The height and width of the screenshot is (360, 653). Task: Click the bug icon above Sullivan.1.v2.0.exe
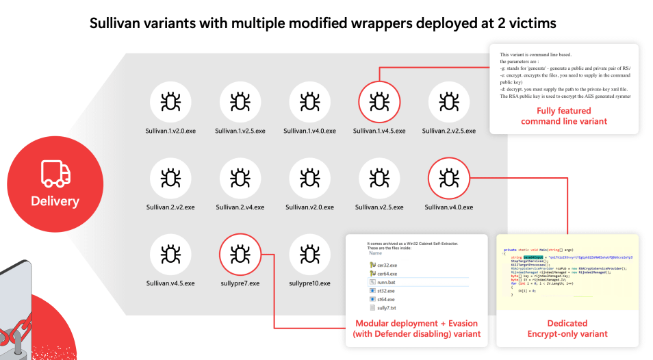pos(170,102)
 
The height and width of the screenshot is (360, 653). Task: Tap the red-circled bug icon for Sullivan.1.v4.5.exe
pos(379,102)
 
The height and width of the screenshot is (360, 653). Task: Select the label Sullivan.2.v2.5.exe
pos(449,131)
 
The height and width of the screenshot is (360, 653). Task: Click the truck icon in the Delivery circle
pos(55,174)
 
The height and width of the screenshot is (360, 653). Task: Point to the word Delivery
pos(55,201)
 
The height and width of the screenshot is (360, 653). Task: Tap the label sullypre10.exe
pos(309,283)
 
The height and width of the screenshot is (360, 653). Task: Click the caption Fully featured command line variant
pos(564,116)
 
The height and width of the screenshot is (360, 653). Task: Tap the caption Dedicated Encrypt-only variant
pos(567,329)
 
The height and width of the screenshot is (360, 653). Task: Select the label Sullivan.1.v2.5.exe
pos(240,131)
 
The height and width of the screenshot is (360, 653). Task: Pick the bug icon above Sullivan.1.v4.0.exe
pos(309,102)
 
